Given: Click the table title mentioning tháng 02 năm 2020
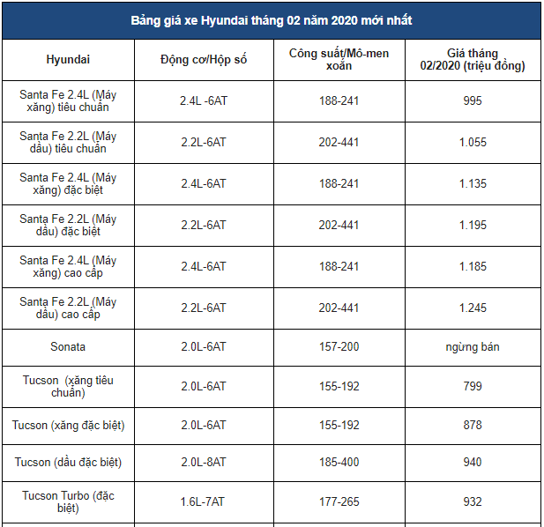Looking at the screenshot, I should click(x=271, y=20).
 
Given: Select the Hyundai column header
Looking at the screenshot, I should click(x=68, y=60).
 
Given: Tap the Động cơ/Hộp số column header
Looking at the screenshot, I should click(x=203, y=60).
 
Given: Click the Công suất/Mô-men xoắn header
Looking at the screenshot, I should click(x=339, y=60).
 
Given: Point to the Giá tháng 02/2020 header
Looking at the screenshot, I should click(x=473, y=60).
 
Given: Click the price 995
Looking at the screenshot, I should click(x=473, y=101).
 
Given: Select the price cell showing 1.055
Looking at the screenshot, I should click(x=473, y=143).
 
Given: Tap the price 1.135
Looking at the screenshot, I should click(x=473, y=184).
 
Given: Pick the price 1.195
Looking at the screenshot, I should click(x=473, y=226).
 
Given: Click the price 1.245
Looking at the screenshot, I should click(x=473, y=308).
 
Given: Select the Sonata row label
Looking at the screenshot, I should click(x=68, y=347).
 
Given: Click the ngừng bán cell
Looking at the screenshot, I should click(x=473, y=347).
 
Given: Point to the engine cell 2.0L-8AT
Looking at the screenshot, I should click(x=203, y=463).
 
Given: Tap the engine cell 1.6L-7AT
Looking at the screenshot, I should click(x=203, y=501).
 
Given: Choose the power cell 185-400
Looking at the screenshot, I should click(x=339, y=463).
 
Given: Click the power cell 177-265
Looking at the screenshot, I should click(x=339, y=501).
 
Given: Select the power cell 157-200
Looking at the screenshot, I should click(x=339, y=347).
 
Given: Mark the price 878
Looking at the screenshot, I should click(x=473, y=425).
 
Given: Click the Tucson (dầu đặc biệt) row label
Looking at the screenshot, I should click(x=68, y=463).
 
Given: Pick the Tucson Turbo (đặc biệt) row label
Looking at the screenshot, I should click(x=68, y=501).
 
